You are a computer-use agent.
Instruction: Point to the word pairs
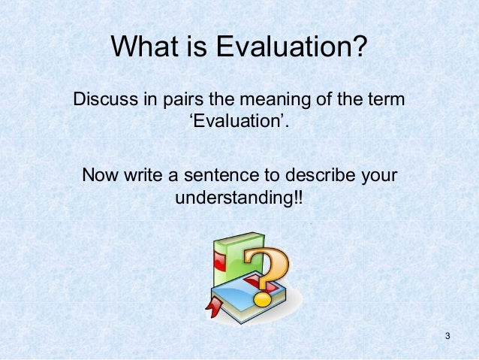[x=181, y=99]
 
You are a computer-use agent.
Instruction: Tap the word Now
[x=102, y=177]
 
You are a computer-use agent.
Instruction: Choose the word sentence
[x=222, y=177]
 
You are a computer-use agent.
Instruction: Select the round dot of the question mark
[x=264, y=299]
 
